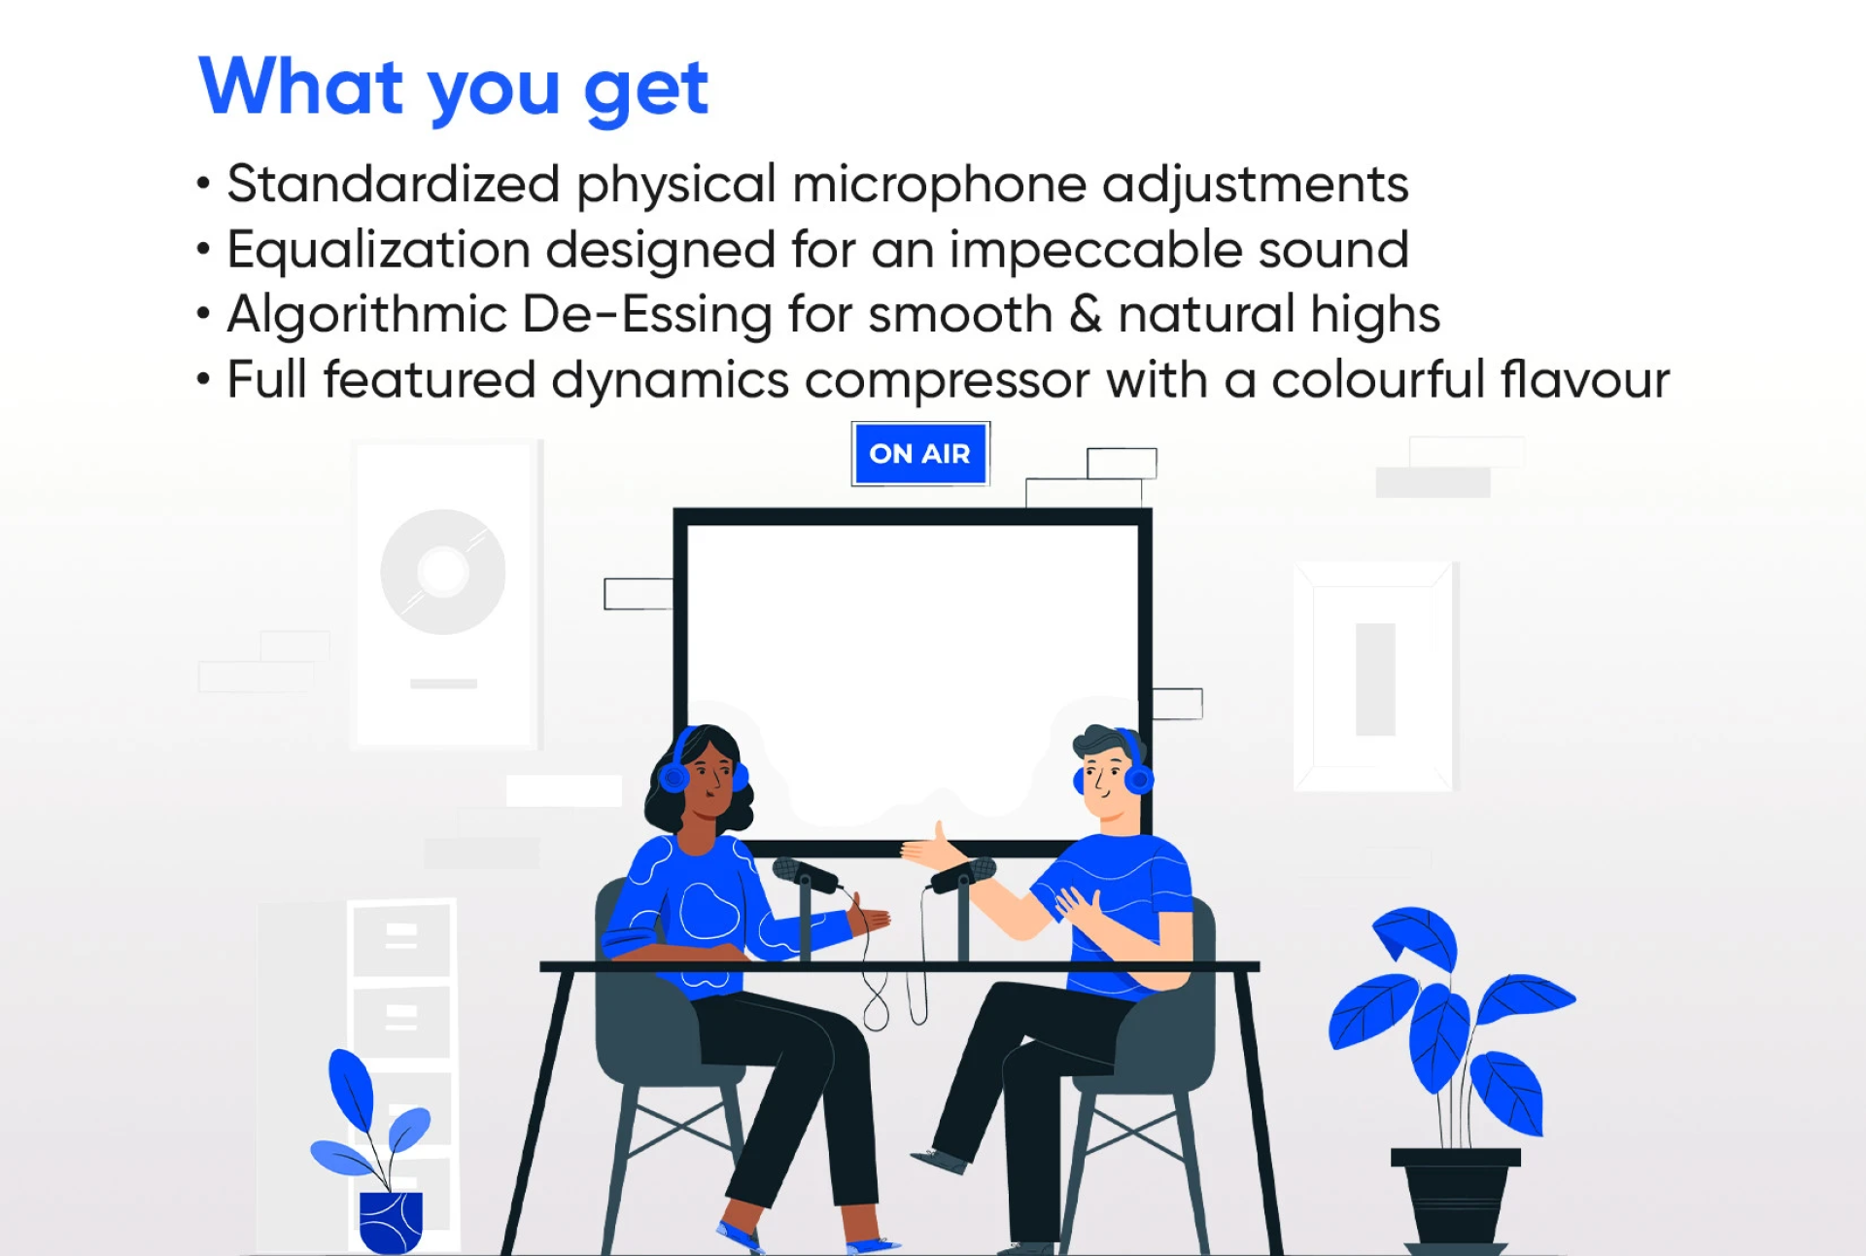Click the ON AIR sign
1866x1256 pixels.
(919, 453)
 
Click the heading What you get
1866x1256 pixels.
(454, 88)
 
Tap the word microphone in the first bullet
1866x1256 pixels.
(939, 185)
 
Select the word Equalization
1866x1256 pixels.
(378, 250)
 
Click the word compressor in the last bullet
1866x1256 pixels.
(947, 381)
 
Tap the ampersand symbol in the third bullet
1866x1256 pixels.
(1085, 314)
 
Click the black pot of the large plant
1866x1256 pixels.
(1455, 1198)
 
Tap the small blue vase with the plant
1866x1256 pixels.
(391, 1222)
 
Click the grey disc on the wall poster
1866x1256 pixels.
(443, 572)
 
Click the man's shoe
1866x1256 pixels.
(939, 1160)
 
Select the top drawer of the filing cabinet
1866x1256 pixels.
(400, 938)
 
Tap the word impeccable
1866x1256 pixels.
(1095, 251)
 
